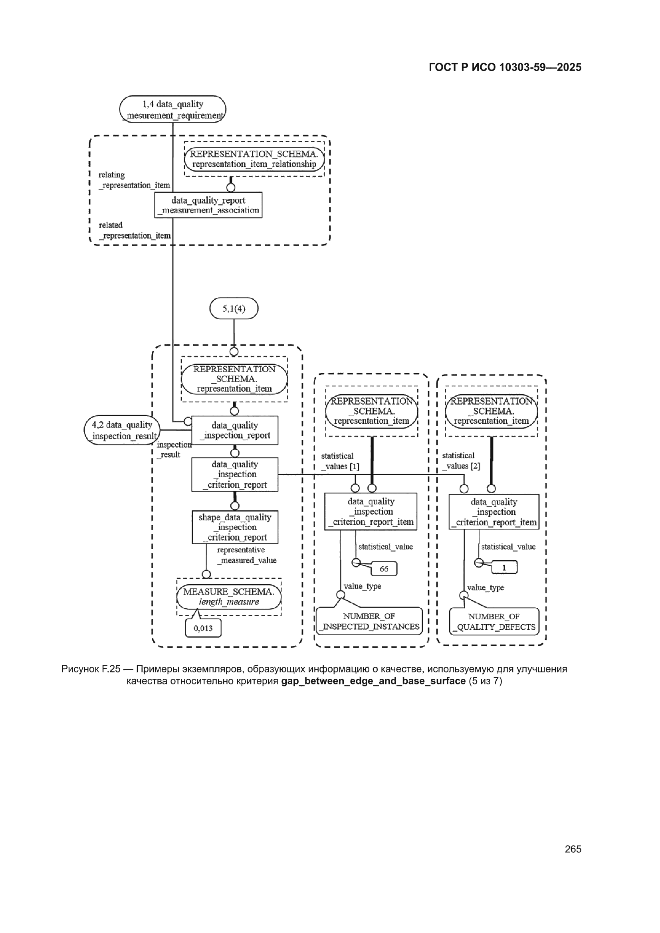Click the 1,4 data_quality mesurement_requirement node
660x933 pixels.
point(173,109)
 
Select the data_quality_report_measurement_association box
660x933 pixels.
point(208,205)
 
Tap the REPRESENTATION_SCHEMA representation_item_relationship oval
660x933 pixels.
point(254,159)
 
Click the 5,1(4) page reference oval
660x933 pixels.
point(234,308)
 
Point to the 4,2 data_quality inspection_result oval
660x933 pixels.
point(122,430)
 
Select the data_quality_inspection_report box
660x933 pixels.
point(235,430)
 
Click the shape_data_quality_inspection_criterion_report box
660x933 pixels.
point(235,527)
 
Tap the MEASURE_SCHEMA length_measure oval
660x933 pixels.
point(229,597)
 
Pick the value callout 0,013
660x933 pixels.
point(203,628)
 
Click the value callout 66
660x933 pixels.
point(384,569)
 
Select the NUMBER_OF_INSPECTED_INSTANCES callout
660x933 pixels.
point(369,621)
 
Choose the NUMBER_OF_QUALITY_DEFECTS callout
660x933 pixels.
point(494,622)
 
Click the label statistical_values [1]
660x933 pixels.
point(340,461)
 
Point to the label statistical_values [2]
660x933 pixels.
point(461,461)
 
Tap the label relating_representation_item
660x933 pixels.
point(134,180)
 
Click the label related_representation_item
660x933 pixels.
point(135,230)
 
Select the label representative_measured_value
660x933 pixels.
point(246,555)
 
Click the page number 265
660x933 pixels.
point(573,849)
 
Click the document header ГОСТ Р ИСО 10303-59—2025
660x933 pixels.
point(505,67)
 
